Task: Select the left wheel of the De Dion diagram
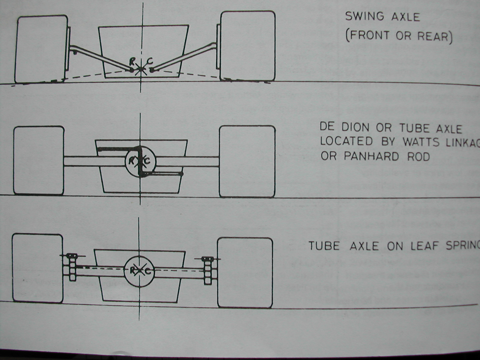click(x=39, y=160)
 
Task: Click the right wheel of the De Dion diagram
click(x=247, y=161)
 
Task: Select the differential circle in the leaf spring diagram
click(x=139, y=271)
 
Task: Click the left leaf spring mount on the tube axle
click(x=72, y=267)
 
